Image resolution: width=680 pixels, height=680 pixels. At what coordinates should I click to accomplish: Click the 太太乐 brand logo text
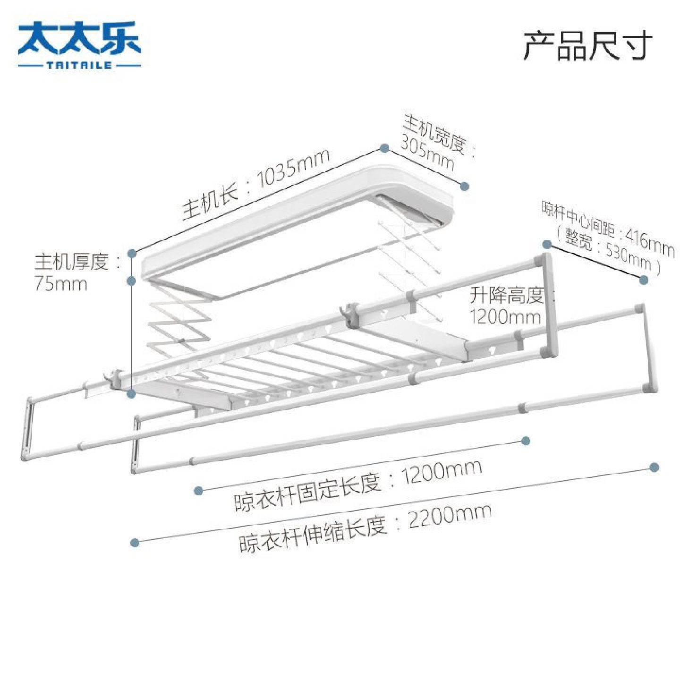point(79,38)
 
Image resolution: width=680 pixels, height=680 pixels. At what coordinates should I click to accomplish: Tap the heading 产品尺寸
point(587,45)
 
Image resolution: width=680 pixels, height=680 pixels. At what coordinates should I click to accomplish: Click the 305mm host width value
point(427,151)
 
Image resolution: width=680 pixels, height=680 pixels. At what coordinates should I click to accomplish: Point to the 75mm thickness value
point(61,284)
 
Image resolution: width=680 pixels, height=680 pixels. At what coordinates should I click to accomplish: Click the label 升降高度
point(506,296)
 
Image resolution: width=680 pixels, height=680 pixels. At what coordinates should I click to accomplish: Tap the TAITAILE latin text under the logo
point(79,65)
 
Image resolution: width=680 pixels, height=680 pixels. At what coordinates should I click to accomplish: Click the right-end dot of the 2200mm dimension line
point(654,467)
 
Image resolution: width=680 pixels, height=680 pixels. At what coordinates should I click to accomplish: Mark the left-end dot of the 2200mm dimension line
point(135,543)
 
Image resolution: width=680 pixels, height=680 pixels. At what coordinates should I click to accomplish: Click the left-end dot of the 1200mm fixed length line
point(199,491)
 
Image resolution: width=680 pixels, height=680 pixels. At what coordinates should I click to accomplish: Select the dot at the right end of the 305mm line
point(465,186)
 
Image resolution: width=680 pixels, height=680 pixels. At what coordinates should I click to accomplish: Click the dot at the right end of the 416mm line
point(643,280)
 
